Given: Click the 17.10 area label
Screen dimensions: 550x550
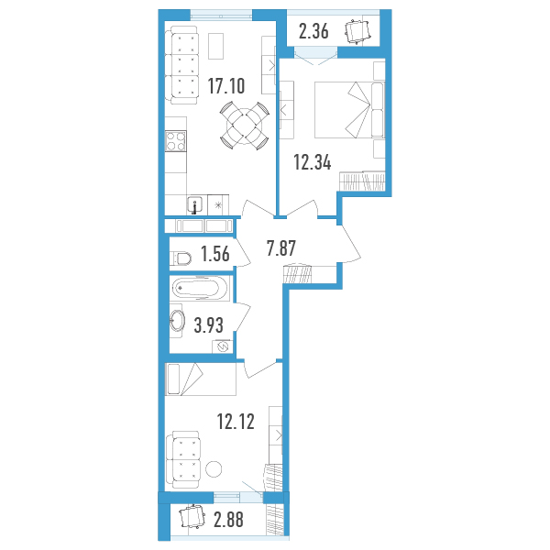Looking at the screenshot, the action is [226, 86].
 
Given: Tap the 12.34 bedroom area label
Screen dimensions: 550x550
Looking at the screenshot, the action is [313, 162].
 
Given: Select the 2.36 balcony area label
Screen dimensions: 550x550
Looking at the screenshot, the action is [313, 31].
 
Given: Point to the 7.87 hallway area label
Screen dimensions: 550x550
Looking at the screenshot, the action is [281, 248].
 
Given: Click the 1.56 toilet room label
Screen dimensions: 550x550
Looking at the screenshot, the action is [215, 254].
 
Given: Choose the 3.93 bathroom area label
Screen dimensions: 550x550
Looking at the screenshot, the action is [209, 325].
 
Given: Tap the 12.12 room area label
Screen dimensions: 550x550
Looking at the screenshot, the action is [236, 422].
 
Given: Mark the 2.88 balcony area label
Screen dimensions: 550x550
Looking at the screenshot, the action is [228, 520].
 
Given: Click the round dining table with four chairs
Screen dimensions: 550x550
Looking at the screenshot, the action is [245, 126].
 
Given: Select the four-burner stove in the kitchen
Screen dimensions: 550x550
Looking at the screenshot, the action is [175, 141].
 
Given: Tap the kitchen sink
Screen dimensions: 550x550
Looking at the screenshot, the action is [194, 204].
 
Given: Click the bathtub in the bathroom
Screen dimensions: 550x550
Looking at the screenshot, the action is [200, 288].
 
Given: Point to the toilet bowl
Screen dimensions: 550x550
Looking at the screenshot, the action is [181, 258].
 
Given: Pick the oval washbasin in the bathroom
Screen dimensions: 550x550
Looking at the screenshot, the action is [177, 321].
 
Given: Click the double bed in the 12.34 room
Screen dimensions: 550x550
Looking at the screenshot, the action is [350, 109].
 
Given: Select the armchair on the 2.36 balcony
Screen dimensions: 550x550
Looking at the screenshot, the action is [357, 31].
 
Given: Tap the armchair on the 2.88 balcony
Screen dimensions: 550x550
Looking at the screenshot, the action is [192, 516].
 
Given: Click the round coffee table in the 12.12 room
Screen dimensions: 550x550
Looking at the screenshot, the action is [214, 468].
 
